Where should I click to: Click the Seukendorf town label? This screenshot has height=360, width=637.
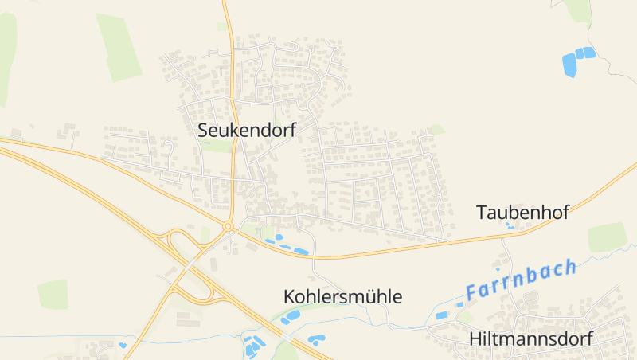click(247, 131)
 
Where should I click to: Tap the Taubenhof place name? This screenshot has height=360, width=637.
click(522, 213)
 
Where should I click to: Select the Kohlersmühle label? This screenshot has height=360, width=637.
click(342, 297)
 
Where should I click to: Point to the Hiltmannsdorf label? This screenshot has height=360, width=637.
click(531, 338)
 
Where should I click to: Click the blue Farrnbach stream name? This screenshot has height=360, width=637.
click(521, 280)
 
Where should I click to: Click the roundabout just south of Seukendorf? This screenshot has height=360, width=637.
click(228, 226)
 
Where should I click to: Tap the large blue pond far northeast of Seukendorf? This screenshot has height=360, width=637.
click(570, 64)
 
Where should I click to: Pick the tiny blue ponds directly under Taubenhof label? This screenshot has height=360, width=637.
click(510, 225)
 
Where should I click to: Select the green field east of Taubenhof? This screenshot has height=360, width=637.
click(608, 237)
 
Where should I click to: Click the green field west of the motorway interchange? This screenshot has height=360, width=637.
click(53, 294)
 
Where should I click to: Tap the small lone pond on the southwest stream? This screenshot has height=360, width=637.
click(123, 345)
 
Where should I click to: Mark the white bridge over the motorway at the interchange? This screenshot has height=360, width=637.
click(191, 260)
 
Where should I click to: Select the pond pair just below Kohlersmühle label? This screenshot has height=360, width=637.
click(291, 315)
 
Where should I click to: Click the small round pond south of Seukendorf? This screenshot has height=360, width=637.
click(279, 237)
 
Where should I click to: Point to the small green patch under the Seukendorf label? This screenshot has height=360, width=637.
click(215, 147)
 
